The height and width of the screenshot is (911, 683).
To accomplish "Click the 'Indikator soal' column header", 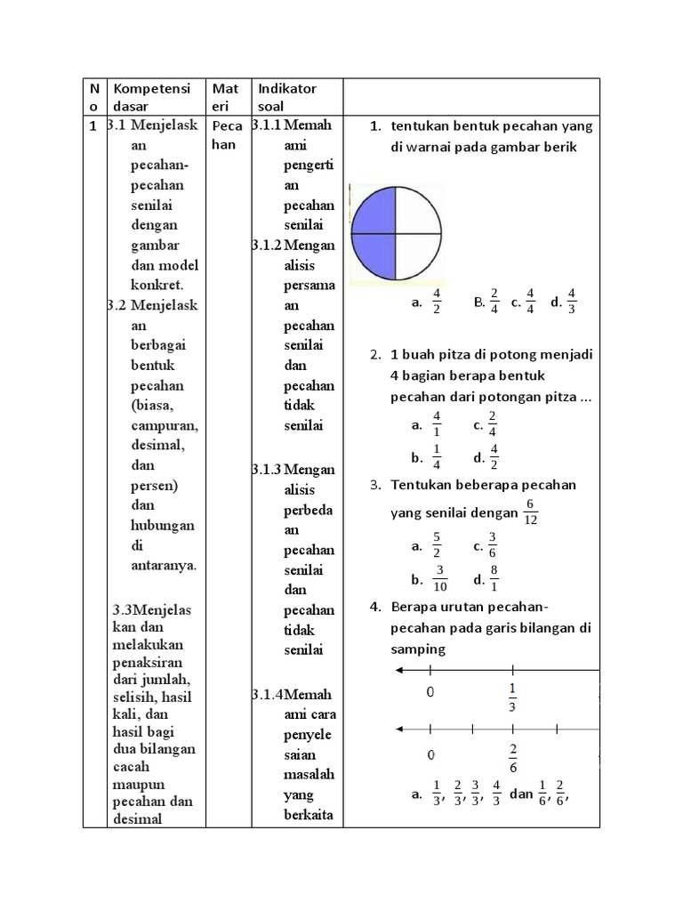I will tap(286, 96).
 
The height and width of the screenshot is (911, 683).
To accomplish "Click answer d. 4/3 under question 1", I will tap(564, 302).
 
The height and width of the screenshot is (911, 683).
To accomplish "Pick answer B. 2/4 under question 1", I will tap(486, 302).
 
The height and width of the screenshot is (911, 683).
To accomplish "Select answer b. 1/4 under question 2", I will tap(428, 458).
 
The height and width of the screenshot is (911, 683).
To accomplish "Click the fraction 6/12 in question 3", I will tap(531, 512).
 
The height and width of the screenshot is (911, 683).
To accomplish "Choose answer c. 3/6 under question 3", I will tap(485, 546).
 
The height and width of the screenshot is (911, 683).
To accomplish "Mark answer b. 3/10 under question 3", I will tap(430, 579).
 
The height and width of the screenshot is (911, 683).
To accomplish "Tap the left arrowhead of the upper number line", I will tap(398, 671).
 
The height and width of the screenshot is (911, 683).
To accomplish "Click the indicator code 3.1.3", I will tap(266, 469).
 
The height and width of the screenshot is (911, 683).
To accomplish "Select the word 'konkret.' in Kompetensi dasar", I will tap(157, 285).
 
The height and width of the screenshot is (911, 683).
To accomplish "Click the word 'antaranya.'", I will tap(164, 565).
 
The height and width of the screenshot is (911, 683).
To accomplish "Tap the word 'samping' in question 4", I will tap(418, 649).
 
